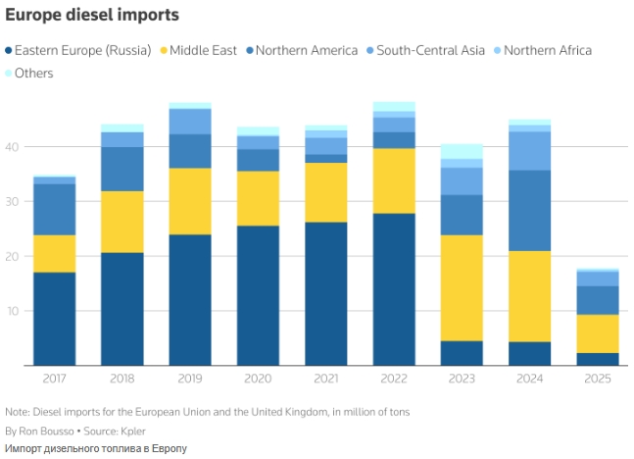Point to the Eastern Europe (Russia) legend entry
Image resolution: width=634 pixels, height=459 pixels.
[x=82, y=50]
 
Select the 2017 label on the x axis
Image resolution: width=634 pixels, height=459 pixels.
[x=54, y=379]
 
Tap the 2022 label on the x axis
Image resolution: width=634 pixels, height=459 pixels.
[x=394, y=379]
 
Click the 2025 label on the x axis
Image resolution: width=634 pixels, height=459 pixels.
[x=598, y=379]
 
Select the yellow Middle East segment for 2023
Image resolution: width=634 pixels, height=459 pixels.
[x=462, y=287]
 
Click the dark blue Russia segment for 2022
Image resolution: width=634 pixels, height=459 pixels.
[x=394, y=289]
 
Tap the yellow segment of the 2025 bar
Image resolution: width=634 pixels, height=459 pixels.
[x=598, y=333]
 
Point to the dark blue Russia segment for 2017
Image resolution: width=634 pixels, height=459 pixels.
[x=54, y=319]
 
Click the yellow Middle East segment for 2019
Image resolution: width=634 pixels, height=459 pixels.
[x=190, y=201]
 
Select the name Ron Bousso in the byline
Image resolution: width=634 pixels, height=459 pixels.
[x=46, y=431]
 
